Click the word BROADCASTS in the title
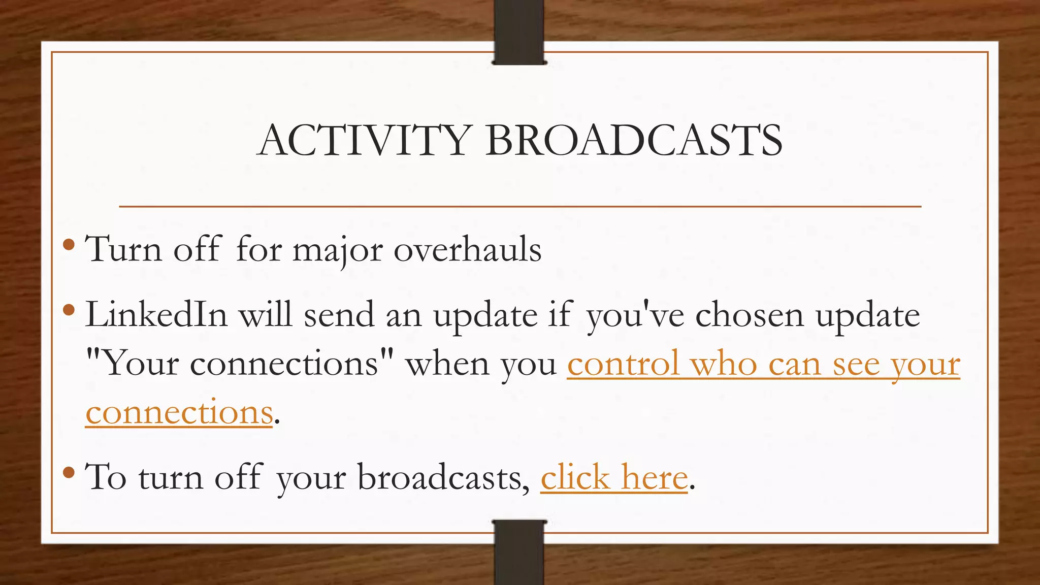click(634, 140)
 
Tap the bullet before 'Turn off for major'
click(69, 246)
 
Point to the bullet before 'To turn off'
click(69, 473)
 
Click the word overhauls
click(467, 250)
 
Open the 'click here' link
click(614, 477)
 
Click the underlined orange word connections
click(179, 412)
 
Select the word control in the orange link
click(623, 364)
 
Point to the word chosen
click(750, 315)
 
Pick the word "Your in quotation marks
click(132, 364)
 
